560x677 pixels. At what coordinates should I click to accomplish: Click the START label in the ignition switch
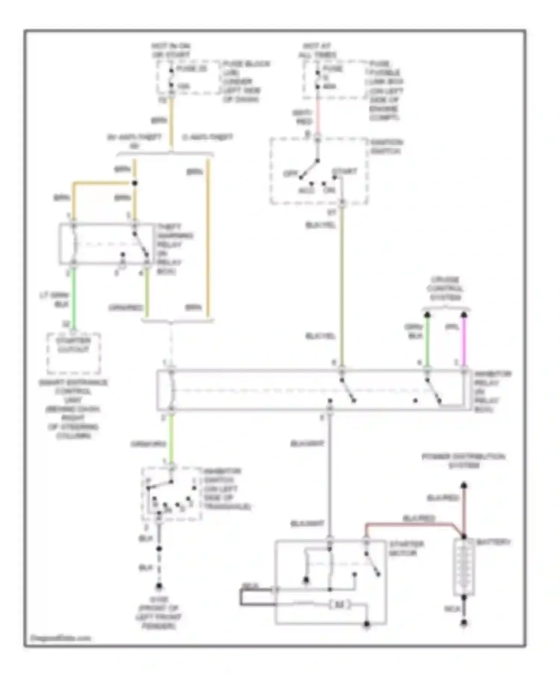pyautogui.click(x=344, y=171)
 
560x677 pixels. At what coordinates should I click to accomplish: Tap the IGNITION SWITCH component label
pyautogui.click(x=386, y=147)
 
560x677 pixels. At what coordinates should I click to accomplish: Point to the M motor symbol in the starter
pyautogui.click(x=339, y=604)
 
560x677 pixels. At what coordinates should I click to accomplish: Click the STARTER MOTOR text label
pyautogui.click(x=406, y=548)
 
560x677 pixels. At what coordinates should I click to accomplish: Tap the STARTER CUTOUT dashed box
pyautogui.click(x=74, y=353)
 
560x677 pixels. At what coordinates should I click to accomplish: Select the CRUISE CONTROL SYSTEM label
pyautogui.click(x=445, y=288)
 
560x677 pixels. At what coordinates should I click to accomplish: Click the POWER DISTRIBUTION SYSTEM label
pyautogui.click(x=463, y=461)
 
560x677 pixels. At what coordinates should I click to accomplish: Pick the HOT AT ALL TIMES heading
pyautogui.click(x=317, y=50)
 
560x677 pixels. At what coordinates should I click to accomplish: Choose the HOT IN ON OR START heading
pyautogui.click(x=171, y=50)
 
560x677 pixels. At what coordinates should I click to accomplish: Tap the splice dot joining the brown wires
pyautogui.click(x=135, y=183)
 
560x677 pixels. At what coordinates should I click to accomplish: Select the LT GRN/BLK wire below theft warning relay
pyautogui.click(x=74, y=299)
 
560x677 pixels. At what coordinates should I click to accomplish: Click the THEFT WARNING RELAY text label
pyautogui.click(x=174, y=249)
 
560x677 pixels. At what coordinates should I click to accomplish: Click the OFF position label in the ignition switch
pyautogui.click(x=290, y=174)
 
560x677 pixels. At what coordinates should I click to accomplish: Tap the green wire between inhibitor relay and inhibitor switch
pyautogui.click(x=171, y=439)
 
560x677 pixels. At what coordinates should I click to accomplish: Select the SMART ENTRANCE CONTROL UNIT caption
pyautogui.click(x=73, y=409)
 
